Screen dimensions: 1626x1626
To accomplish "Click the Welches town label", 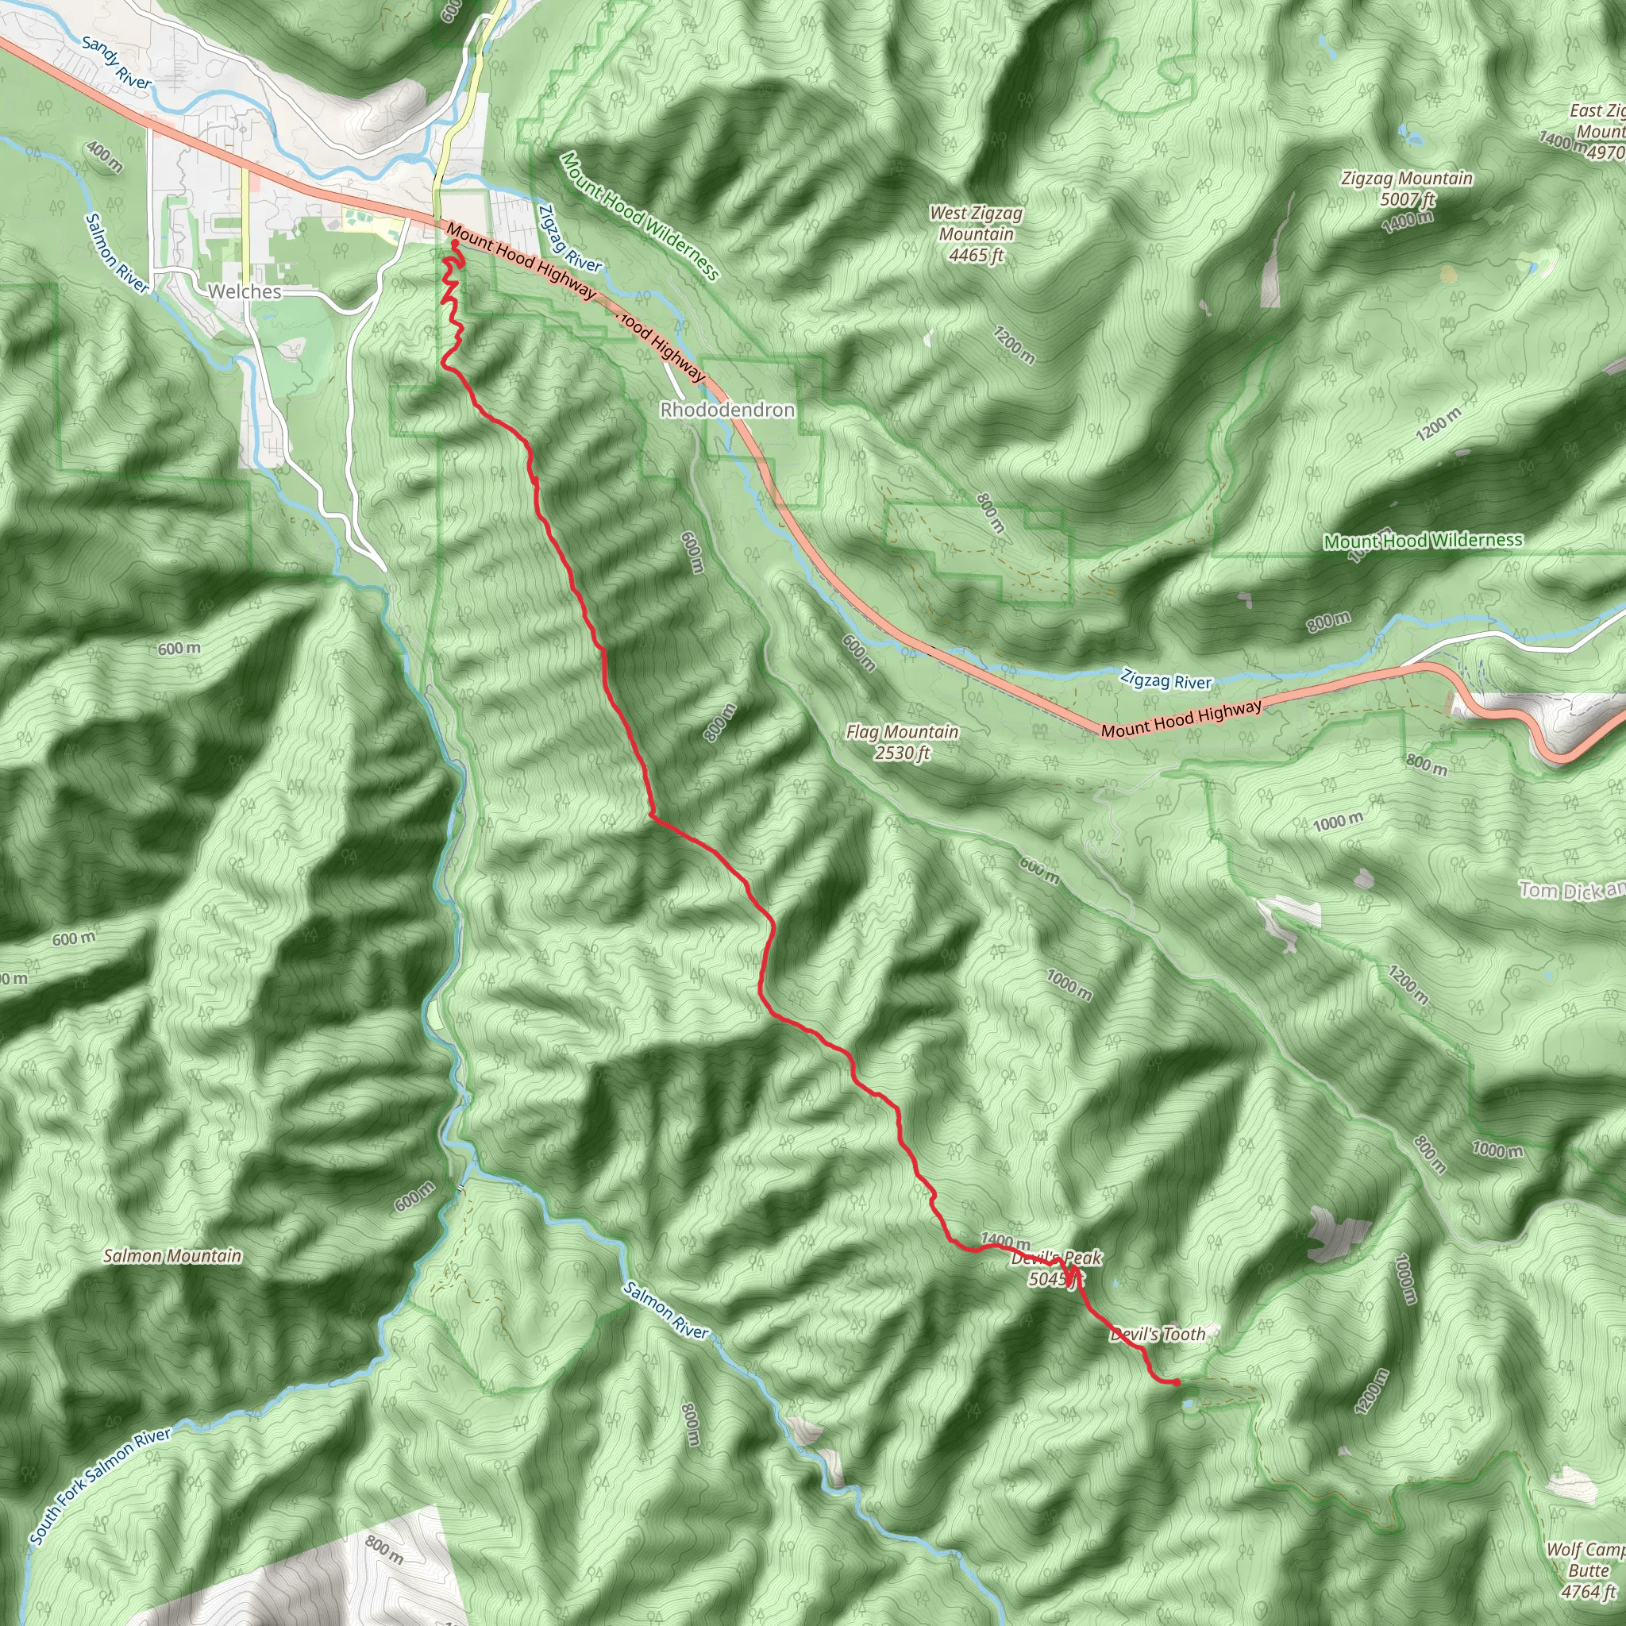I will (244, 291).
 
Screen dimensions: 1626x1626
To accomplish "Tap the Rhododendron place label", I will (727, 410).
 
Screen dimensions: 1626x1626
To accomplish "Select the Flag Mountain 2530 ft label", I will (902, 742).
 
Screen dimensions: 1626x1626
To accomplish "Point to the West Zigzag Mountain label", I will (977, 234).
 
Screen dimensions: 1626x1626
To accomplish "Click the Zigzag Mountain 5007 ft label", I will (1406, 188).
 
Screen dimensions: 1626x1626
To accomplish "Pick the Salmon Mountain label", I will (172, 1256).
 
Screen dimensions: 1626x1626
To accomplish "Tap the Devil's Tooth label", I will (1158, 1334).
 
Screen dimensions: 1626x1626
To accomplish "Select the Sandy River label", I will (117, 64).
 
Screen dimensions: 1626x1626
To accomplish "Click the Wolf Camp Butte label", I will (1587, 1570).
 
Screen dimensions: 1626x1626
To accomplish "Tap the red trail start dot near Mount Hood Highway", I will (454, 244).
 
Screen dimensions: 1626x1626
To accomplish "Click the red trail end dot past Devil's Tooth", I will (1176, 1382).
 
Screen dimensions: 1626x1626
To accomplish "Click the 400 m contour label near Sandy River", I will (104, 156).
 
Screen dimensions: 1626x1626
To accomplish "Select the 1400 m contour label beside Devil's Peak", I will (1005, 1241).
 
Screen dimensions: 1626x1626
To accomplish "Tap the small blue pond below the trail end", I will (1189, 1404).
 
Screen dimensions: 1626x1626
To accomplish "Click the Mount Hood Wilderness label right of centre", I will (1422, 541).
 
